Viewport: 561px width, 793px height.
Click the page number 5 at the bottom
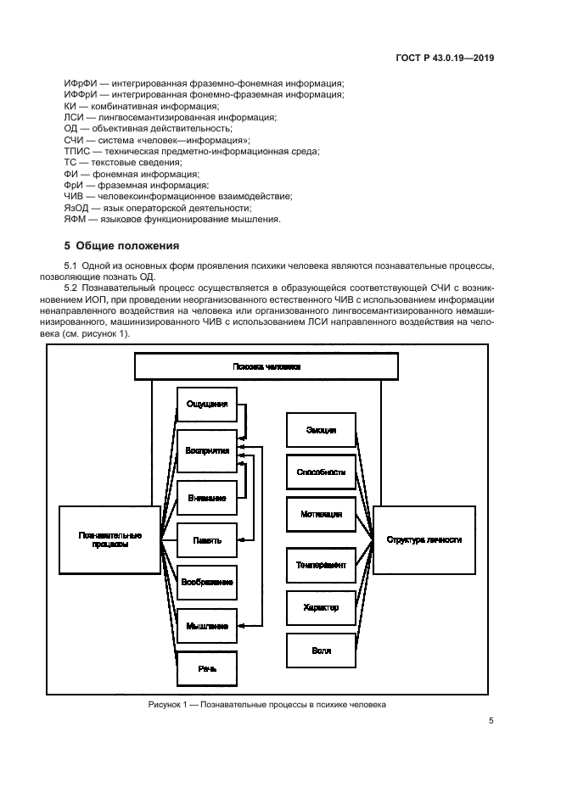tap(491, 721)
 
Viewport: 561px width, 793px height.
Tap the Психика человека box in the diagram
tap(266, 366)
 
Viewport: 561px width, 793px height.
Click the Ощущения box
tap(206, 405)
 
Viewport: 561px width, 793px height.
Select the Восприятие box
tap(206, 451)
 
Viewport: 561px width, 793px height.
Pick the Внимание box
tap(206, 498)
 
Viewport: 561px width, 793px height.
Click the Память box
tap(206, 539)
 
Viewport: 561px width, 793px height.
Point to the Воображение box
tap(206, 582)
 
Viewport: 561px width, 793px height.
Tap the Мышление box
tap(206, 626)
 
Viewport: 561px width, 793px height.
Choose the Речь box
tap(206, 668)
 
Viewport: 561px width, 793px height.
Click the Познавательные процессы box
tap(109, 539)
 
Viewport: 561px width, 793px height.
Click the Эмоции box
tap(321, 430)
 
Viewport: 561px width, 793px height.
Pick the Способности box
tap(321, 472)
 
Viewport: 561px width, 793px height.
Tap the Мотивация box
tap(321, 514)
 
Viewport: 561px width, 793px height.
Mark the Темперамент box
tap(321, 565)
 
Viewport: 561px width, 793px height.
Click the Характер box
tap(321, 607)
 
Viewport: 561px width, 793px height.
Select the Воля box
tap(321, 651)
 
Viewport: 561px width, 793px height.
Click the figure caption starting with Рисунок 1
tap(266, 705)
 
